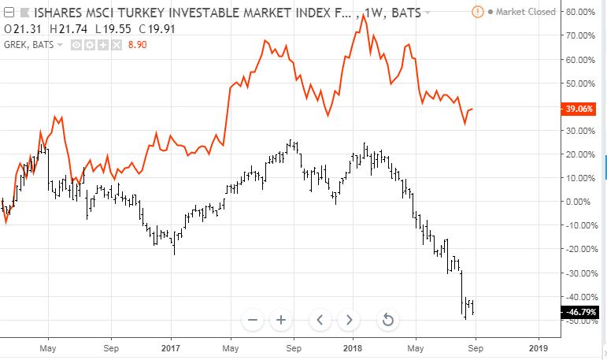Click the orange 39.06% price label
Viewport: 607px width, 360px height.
pos(579,109)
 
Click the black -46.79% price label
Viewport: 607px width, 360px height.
pos(579,312)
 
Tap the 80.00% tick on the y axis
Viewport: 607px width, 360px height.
pos(580,12)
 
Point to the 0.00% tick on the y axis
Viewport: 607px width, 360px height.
pos(579,202)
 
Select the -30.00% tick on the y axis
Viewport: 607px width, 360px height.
pos(582,273)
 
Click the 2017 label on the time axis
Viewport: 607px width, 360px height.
pos(171,348)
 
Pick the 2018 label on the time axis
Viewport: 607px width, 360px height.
pos(353,348)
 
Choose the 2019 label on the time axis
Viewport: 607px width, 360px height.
pos(538,348)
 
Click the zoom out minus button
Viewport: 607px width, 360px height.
pos(253,320)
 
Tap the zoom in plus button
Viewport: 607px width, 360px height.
pos(281,320)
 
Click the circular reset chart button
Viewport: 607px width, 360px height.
pos(388,320)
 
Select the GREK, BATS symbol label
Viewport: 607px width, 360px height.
pos(29,45)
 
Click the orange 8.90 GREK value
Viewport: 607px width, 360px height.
pos(138,45)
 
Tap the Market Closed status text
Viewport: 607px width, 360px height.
pos(525,12)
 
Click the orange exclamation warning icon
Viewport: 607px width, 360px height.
pos(478,12)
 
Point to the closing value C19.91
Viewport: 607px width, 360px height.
pos(157,29)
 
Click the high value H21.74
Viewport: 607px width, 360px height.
pos(68,29)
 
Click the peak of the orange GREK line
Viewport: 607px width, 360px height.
pos(363,15)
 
